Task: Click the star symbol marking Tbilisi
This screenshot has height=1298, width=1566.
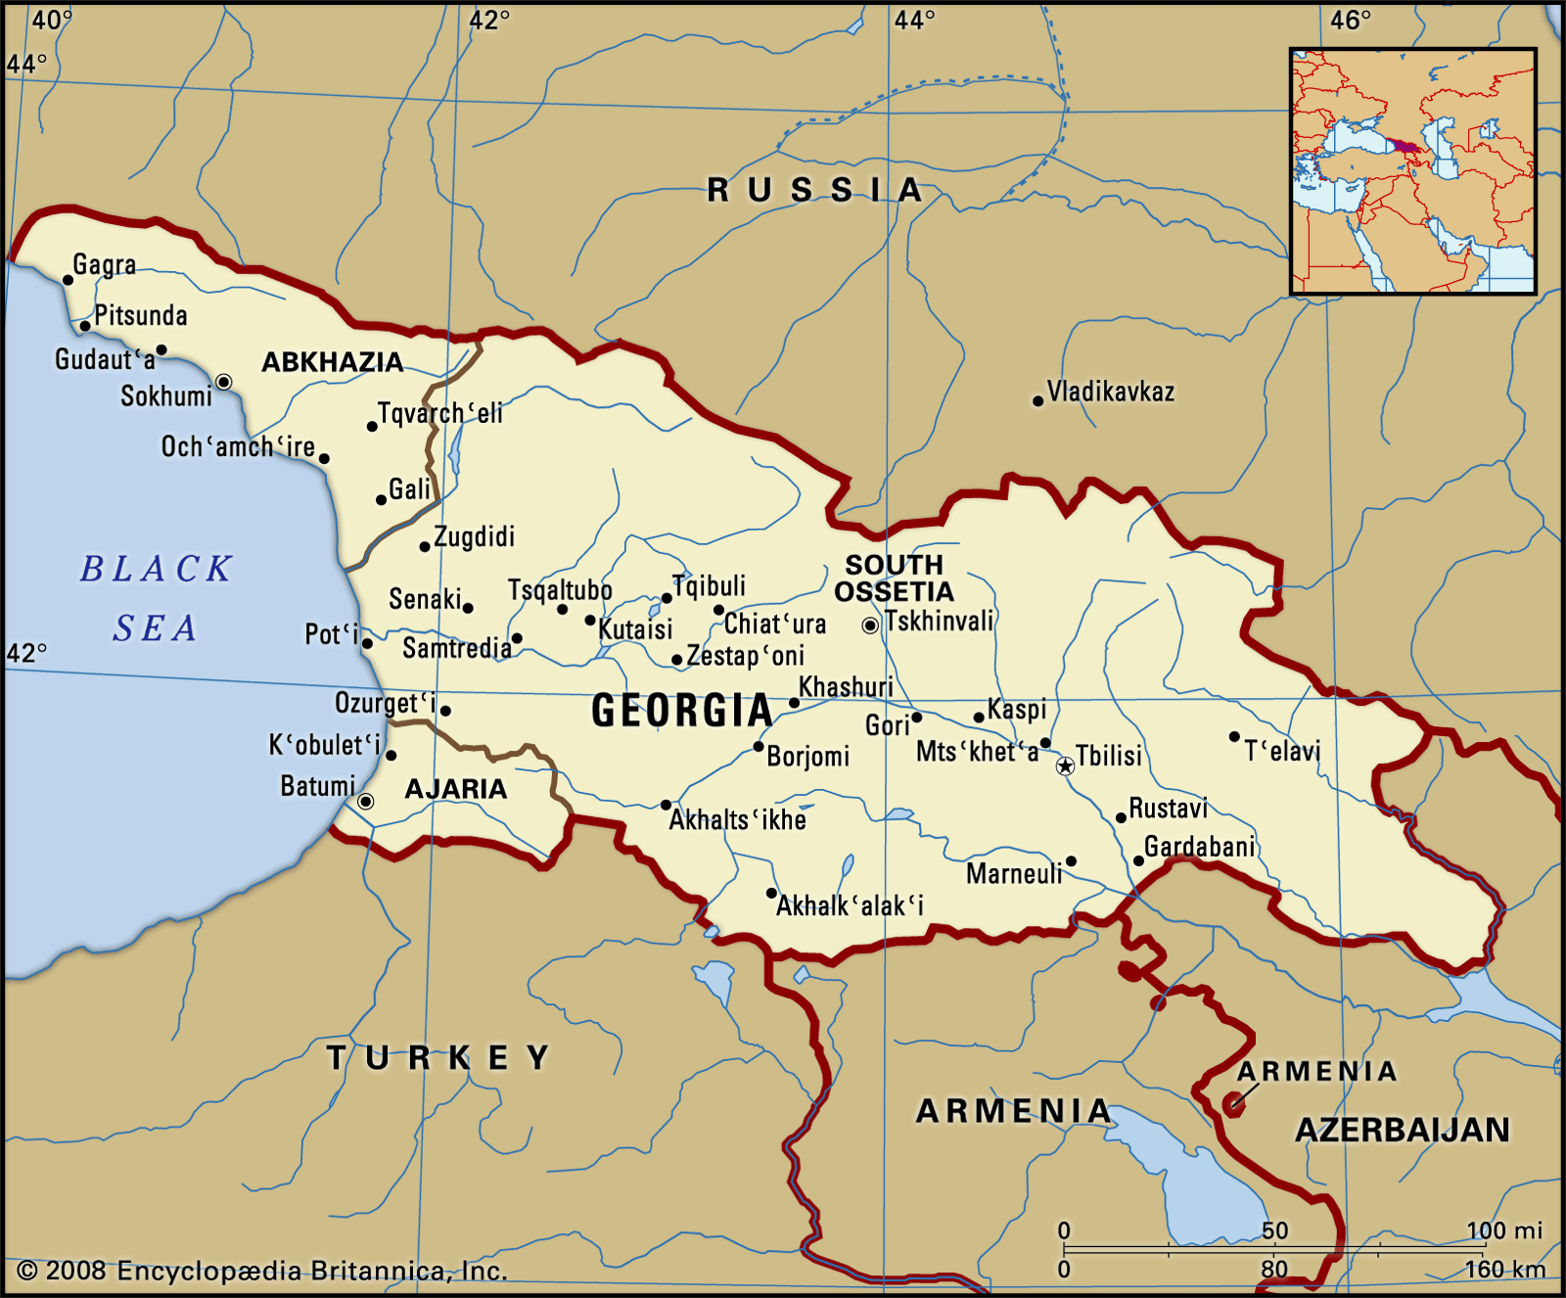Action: (1065, 766)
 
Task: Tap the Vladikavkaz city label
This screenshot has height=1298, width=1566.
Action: (1110, 392)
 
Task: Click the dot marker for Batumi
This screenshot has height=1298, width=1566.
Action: (365, 802)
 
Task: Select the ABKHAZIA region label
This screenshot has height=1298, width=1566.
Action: (333, 362)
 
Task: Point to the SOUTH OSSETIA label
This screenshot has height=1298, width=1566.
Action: (894, 578)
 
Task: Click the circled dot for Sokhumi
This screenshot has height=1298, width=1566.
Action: (224, 382)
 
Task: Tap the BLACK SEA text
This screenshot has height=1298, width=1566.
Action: (157, 598)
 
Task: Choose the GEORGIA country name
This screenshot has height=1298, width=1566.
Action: (682, 711)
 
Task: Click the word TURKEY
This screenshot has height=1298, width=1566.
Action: (438, 1057)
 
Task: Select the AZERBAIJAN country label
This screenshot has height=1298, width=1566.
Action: (1403, 1131)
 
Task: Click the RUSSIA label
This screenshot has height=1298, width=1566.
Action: (815, 190)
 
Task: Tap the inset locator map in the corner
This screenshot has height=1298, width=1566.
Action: (1412, 171)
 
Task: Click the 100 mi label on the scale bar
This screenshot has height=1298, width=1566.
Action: (1503, 1230)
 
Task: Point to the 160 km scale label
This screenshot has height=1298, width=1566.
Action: (1504, 1270)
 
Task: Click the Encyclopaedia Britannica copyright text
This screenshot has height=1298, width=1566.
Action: (262, 1271)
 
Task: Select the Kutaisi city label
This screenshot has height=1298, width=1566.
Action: (635, 628)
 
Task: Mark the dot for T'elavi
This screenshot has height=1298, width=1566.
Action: (1234, 736)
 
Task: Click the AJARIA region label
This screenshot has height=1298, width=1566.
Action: (456, 789)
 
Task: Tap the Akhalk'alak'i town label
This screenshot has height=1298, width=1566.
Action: (850, 906)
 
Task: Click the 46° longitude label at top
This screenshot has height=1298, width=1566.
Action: (1350, 20)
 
